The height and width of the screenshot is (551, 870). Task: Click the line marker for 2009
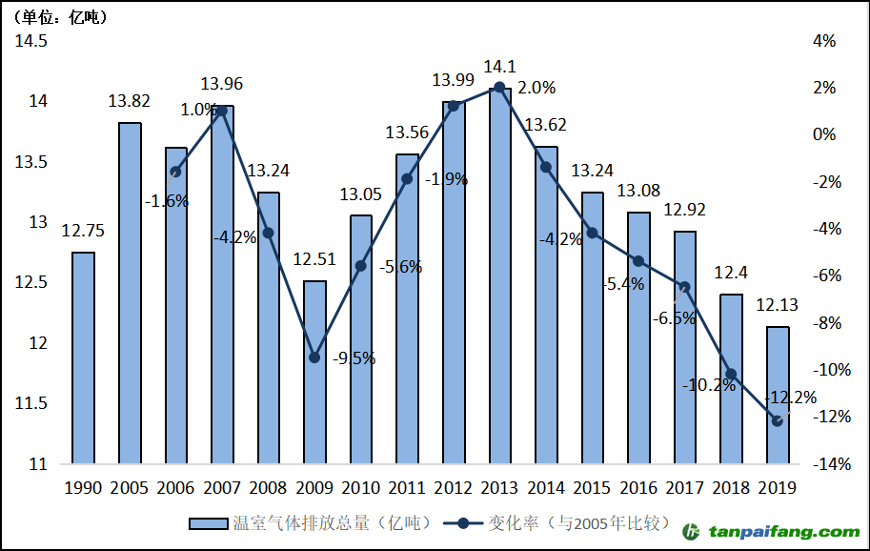tap(314, 357)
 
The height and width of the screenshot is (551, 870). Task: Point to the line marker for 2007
tap(222, 111)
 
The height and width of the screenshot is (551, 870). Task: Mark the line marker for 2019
tap(778, 420)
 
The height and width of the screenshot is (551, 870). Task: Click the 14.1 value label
tap(499, 67)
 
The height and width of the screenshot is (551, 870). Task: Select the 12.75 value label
tap(83, 230)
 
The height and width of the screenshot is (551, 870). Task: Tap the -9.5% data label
tap(354, 359)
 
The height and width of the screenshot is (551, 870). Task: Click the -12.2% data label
tap(791, 398)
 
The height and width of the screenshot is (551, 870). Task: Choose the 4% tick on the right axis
tap(823, 41)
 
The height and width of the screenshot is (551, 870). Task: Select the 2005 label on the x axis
tap(130, 488)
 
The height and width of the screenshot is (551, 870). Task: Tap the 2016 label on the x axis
tap(638, 488)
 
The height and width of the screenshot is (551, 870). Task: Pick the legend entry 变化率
tap(562, 523)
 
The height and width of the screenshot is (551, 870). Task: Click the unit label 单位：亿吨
tap(59, 17)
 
